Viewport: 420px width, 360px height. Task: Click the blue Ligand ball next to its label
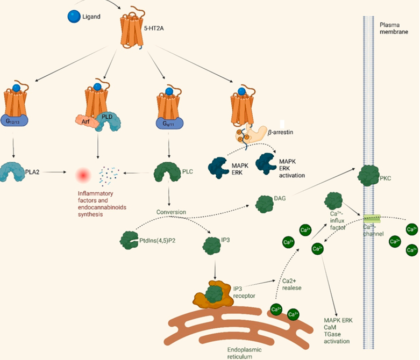[x=75, y=17]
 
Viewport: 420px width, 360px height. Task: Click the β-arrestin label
[x=284, y=131]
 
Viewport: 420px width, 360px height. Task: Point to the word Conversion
[x=170, y=212]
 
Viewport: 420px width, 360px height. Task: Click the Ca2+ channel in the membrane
[x=371, y=219]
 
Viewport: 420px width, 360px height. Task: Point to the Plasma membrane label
[x=395, y=29]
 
